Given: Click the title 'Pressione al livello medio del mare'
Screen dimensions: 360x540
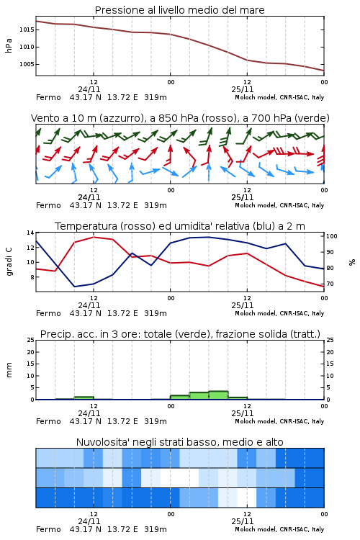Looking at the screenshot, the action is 179,10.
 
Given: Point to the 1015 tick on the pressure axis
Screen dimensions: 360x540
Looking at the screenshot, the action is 27,30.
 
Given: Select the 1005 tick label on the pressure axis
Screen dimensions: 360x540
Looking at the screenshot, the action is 27,64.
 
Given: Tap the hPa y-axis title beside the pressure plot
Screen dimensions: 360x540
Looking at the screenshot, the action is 9,45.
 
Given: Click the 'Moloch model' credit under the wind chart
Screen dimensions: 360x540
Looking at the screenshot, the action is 256,205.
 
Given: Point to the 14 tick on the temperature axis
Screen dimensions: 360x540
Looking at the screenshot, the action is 30,233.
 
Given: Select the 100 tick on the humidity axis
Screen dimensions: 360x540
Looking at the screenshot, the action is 332,236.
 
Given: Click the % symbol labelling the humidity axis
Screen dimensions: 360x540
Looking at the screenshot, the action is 352,262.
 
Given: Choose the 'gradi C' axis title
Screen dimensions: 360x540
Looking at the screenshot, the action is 9,262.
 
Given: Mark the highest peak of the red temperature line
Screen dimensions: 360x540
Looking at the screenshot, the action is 94,237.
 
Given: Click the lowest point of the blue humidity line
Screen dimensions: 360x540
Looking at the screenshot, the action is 75,287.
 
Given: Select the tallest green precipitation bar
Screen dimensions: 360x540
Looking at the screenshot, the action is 218,395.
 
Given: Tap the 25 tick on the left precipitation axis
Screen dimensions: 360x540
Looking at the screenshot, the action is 30,341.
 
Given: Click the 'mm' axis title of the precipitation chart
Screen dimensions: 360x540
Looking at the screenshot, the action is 9,369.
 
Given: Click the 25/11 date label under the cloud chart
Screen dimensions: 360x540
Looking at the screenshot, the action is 243,521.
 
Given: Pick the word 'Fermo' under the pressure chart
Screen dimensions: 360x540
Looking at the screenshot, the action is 48,97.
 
